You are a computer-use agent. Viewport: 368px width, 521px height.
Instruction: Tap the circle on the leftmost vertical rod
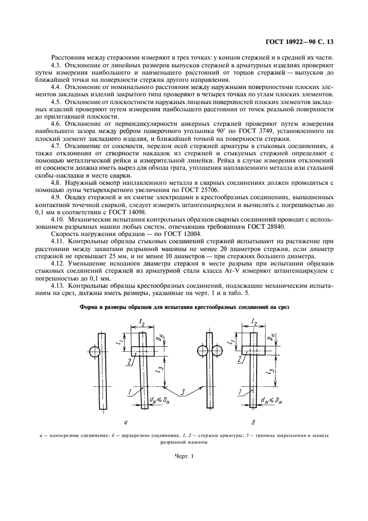point(95,352)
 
